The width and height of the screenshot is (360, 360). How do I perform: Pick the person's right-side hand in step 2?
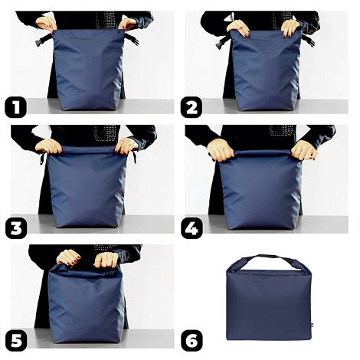pos(290,28)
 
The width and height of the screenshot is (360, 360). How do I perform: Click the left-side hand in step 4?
pos(221,150)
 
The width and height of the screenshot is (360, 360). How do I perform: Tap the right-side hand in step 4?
pos(304,150)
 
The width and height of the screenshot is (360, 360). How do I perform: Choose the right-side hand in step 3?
pos(126,146)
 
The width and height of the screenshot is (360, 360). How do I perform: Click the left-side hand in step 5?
pos(68,257)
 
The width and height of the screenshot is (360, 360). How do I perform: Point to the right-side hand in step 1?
pos(126,23)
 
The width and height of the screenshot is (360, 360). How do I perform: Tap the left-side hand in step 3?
pos(50,146)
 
